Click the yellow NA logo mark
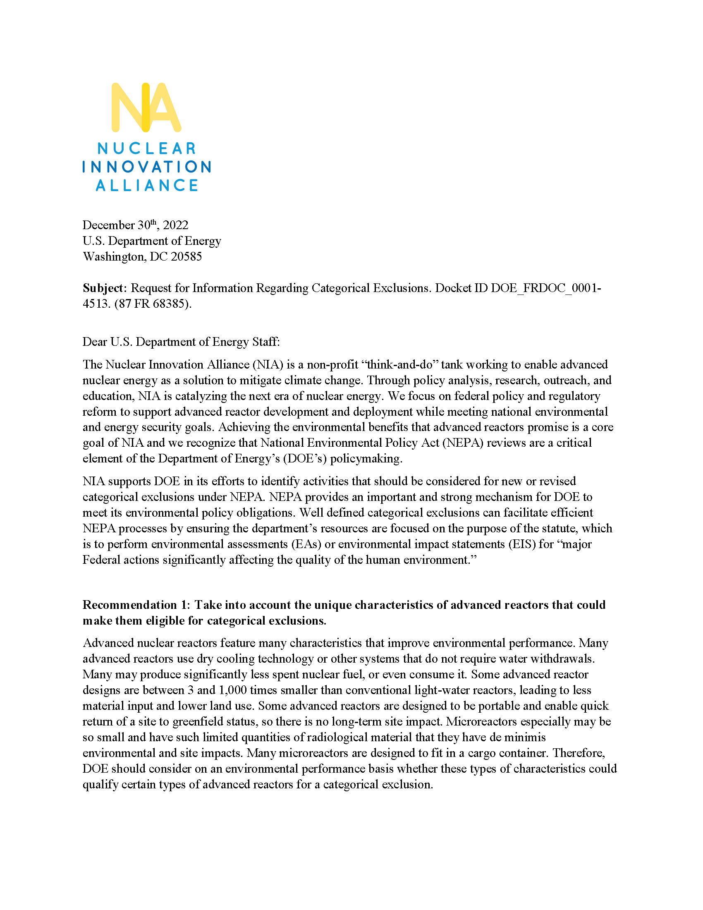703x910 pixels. click(146, 108)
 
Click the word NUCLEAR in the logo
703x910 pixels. click(147, 148)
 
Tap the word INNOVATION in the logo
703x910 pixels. click(147, 167)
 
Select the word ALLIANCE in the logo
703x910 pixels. click(147, 185)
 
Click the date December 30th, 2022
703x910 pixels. click(135, 225)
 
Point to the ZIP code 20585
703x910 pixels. click(186, 257)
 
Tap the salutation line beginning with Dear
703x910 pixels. click(181, 342)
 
